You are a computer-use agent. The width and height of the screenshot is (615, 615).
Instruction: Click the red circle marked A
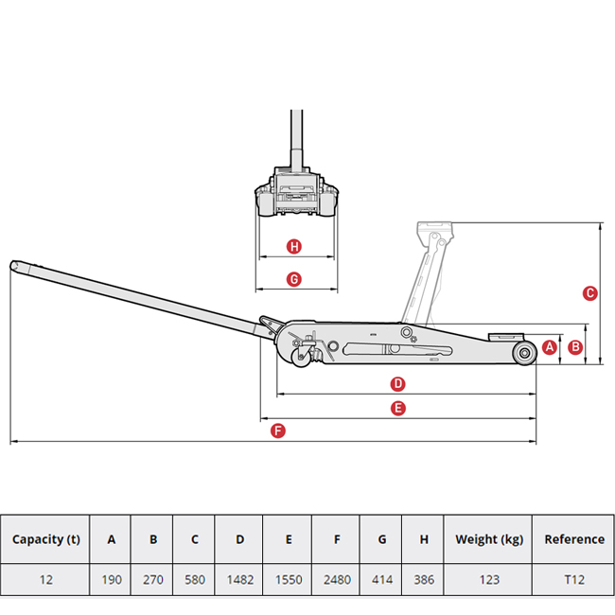tap(549, 347)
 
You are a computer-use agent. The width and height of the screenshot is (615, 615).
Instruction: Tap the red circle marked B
tap(574, 347)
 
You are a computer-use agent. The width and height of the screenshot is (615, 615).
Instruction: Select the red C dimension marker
tap(589, 293)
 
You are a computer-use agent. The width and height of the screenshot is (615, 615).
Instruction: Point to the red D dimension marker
tap(398, 384)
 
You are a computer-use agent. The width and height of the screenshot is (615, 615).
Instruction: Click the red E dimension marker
tap(398, 408)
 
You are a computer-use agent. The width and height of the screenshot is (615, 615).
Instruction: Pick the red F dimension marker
tap(277, 431)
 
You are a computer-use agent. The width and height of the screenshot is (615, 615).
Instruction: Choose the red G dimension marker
tap(293, 279)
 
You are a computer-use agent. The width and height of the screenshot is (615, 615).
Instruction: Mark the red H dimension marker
tap(294, 247)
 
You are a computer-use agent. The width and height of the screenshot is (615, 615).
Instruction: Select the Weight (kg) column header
tap(488, 539)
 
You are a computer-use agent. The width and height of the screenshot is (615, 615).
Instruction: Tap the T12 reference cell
tap(573, 579)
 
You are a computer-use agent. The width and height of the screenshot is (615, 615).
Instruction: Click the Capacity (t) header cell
tap(45, 539)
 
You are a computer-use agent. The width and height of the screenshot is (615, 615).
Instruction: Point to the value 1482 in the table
tap(239, 579)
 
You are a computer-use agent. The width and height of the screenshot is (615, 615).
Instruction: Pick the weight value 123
tap(488, 579)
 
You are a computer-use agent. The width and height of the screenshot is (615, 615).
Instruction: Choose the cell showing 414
tap(381, 579)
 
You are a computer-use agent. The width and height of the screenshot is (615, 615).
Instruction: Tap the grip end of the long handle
tap(19, 267)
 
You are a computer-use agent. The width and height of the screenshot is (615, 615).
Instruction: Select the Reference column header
tap(573, 539)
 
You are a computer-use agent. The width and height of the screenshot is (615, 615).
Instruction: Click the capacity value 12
tap(45, 579)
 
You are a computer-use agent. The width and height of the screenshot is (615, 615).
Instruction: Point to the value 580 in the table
tap(194, 579)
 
